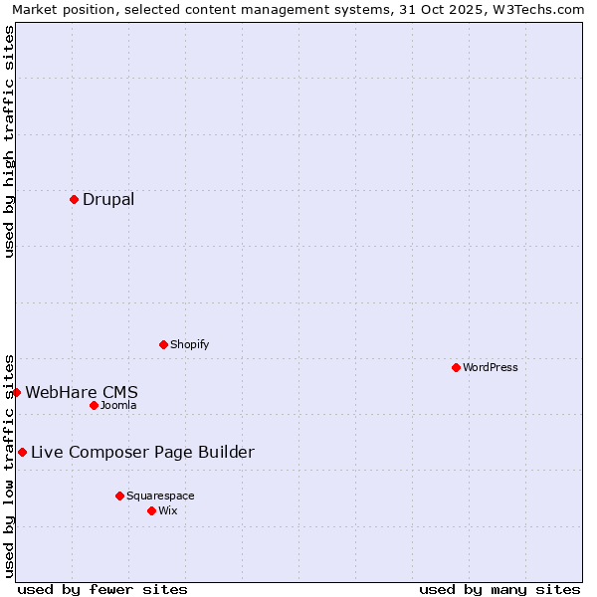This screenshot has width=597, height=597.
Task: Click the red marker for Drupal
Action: [74, 199]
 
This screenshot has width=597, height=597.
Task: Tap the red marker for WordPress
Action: [456, 367]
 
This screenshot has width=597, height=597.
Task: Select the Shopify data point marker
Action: [163, 344]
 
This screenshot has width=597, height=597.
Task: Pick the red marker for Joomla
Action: [94, 405]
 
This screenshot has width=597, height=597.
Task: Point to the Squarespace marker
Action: [119, 496]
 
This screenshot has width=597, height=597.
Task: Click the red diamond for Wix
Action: [151, 510]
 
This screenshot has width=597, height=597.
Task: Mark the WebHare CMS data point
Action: [16, 392]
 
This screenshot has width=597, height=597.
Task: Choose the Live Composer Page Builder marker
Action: [22, 452]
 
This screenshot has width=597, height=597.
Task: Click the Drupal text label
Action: [108, 199]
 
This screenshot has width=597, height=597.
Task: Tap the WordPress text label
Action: [491, 367]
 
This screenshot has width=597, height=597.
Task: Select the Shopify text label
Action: [190, 344]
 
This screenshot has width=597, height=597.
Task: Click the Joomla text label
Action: [118, 405]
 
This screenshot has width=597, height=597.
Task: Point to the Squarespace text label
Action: [160, 496]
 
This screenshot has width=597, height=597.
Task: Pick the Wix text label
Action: [168, 510]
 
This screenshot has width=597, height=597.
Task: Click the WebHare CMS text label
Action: [82, 392]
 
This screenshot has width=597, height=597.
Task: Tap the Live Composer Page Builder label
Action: [142, 452]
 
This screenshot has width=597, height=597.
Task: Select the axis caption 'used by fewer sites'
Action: [102, 589]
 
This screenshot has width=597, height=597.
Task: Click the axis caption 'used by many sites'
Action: [499, 589]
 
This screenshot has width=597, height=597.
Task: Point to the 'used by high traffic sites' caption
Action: [9, 141]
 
